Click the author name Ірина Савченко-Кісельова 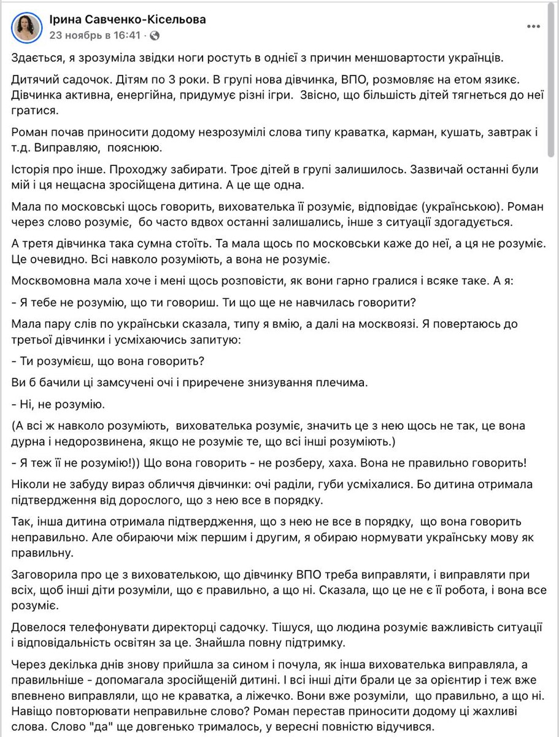(128, 20)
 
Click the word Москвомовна (47, 280)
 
